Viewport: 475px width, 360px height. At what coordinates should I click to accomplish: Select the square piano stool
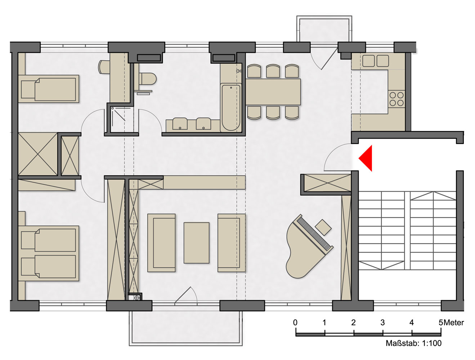[x=323, y=228]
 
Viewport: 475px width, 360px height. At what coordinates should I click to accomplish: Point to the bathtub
[x=231, y=108]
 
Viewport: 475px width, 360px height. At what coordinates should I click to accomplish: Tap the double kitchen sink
[x=376, y=61]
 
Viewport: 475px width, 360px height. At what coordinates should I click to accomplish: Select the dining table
[x=273, y=92]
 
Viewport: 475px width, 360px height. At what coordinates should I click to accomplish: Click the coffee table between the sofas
[x=197, y=243]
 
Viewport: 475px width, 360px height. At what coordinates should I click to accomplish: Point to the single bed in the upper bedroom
[x=49, y=89]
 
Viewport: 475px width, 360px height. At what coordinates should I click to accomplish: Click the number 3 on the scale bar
[x=382, y=323]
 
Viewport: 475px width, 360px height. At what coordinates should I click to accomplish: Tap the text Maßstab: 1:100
[x=413, y=343]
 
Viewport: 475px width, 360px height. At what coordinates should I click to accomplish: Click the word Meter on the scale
[x=454, y=323]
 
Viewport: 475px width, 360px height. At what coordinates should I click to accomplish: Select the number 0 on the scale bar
[x=295, y=323]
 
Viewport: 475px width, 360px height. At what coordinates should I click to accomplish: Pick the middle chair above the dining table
[x=273, y=71]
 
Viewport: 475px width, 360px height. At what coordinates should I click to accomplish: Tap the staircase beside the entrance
[x=407, y=231]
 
